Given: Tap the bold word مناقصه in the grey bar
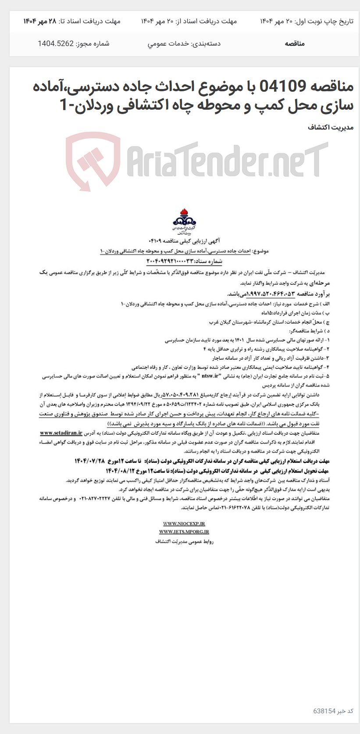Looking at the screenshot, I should click(x=295, y=43).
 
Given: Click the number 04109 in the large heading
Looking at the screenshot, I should click(x=282, y=87).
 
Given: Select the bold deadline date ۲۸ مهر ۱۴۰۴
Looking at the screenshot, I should click(x=40, y=21).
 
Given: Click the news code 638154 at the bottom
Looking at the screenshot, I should click(x=324, y=711).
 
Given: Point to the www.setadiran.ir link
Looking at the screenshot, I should click(x=61, y=433).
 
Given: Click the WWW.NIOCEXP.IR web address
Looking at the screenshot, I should click(x=184, y=523).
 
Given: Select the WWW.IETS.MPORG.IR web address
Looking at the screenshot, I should click(x=184, y=532).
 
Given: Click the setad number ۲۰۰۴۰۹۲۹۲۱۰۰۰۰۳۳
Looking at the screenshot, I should click(x=184, y=261).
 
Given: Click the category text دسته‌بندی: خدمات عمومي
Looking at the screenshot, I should click(x=184, y=43).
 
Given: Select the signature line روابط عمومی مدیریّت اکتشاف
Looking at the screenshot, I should click(x=185, y=541).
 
